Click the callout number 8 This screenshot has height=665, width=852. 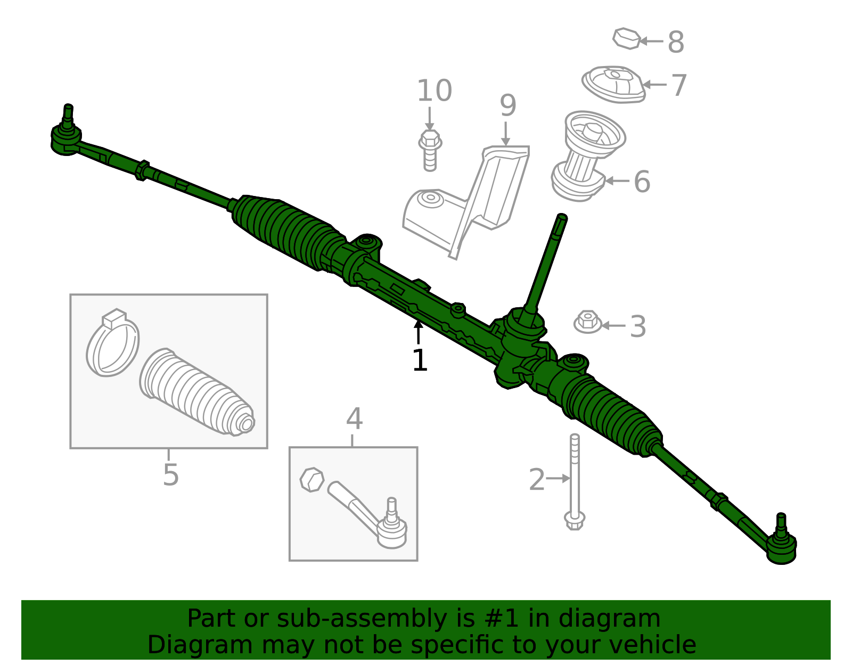pos(676,42)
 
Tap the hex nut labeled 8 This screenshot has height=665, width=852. pos(626,38)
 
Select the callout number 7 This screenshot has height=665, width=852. pos(679,85)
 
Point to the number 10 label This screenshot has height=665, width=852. pos(435,91)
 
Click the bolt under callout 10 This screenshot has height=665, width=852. pos(430,151)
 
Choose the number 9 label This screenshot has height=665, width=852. pos(508,105)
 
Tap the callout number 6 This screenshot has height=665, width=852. pos(642,182)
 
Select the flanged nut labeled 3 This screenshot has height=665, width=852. pos(587,322)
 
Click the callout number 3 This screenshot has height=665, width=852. pos(638,326)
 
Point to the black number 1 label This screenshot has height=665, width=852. pos(420,360)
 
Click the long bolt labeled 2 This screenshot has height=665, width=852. pos(575,482)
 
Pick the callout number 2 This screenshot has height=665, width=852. pos(537,479)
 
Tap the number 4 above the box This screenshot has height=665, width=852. pos(354,418)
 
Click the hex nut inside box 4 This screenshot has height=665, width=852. pos(312,479)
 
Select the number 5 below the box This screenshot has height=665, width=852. pos(170,475)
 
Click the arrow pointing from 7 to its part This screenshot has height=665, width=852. pos(655,85)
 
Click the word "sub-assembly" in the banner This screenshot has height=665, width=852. pos(362,618)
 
